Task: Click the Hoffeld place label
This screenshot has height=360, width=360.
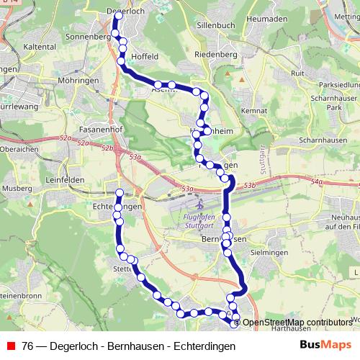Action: [144, 55]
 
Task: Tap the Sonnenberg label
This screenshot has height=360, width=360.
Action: [85, 35]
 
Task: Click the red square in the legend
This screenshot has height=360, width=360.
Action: [12, 346]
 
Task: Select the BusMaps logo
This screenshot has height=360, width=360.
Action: [325, 345]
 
